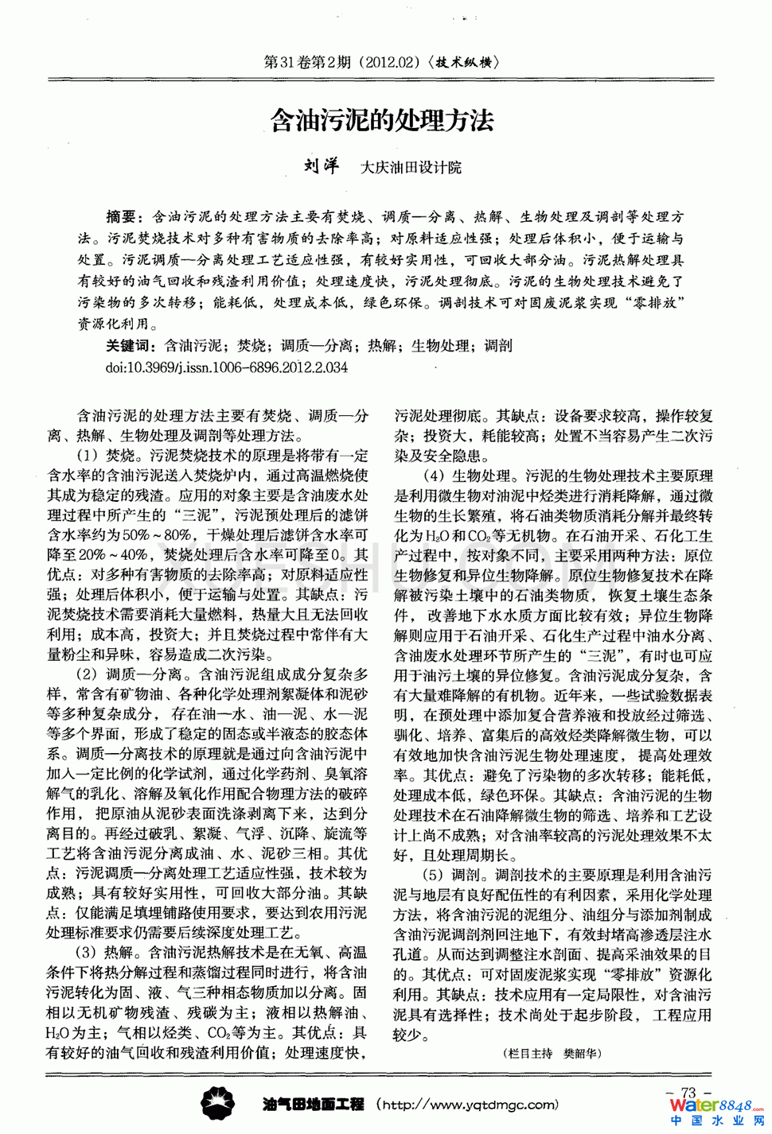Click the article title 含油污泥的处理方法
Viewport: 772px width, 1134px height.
coord(382,121)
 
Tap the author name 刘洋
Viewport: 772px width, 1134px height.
coord(321,166)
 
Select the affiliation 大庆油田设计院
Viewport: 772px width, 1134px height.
coord(411,167)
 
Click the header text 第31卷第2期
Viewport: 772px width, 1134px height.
coord(307,62)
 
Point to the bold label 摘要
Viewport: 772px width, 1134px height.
coord(123,216)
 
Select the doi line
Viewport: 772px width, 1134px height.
coord(227,367)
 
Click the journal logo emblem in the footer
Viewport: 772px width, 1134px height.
coord(218,1104)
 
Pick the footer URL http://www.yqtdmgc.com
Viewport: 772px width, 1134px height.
coord(468,1105)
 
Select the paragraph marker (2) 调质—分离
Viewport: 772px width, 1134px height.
coord(129,674)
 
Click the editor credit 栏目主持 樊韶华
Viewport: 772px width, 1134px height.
coord(553,1054)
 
